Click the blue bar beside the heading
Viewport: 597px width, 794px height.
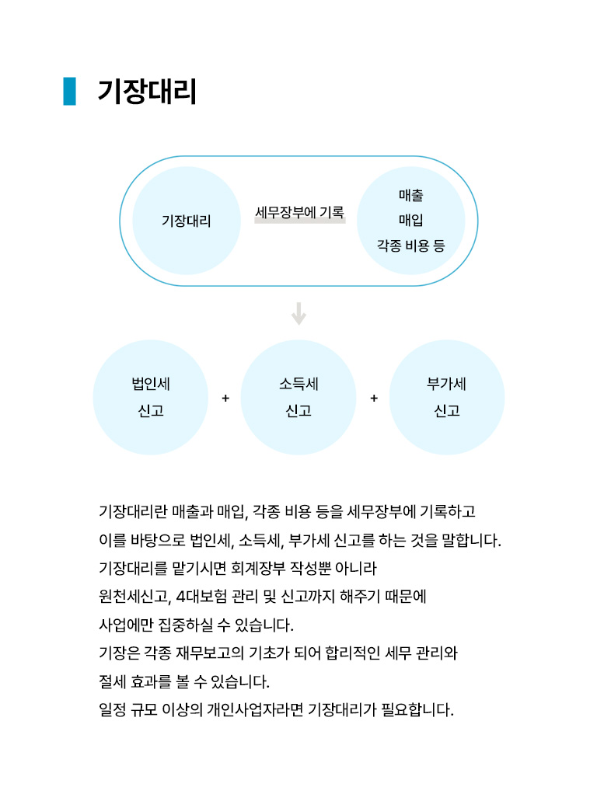pyautogui.click(x=69, y=91)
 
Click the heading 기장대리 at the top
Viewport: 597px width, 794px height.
pyautogui.click(x=147, y=92)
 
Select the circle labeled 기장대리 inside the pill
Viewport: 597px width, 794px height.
pyautogui.click(x=186, y=221)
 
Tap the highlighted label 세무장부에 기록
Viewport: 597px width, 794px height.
pyautogui.click(x=299, y=212)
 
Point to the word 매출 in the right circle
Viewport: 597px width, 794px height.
pyautogui.click(x=410, y=195)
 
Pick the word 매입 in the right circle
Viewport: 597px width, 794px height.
pyautogui.click(x=410, y=220)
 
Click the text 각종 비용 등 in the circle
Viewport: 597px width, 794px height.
pyautogui.click(x=410, y=246)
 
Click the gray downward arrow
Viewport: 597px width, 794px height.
pyautogui.click(x=299, y=314)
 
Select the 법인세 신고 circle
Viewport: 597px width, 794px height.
pyautogui.click(x=151, y=397)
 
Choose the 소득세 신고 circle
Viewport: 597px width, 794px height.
pyautogui.click(x=298, y=397)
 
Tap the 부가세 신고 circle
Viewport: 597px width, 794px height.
pyautogui.click(x=446, y=397)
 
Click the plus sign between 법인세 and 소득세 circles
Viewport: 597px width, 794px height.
pyautogui.click(x=225, y=398)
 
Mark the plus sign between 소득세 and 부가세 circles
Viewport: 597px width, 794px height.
pyautogui.click(x=373, y=398)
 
